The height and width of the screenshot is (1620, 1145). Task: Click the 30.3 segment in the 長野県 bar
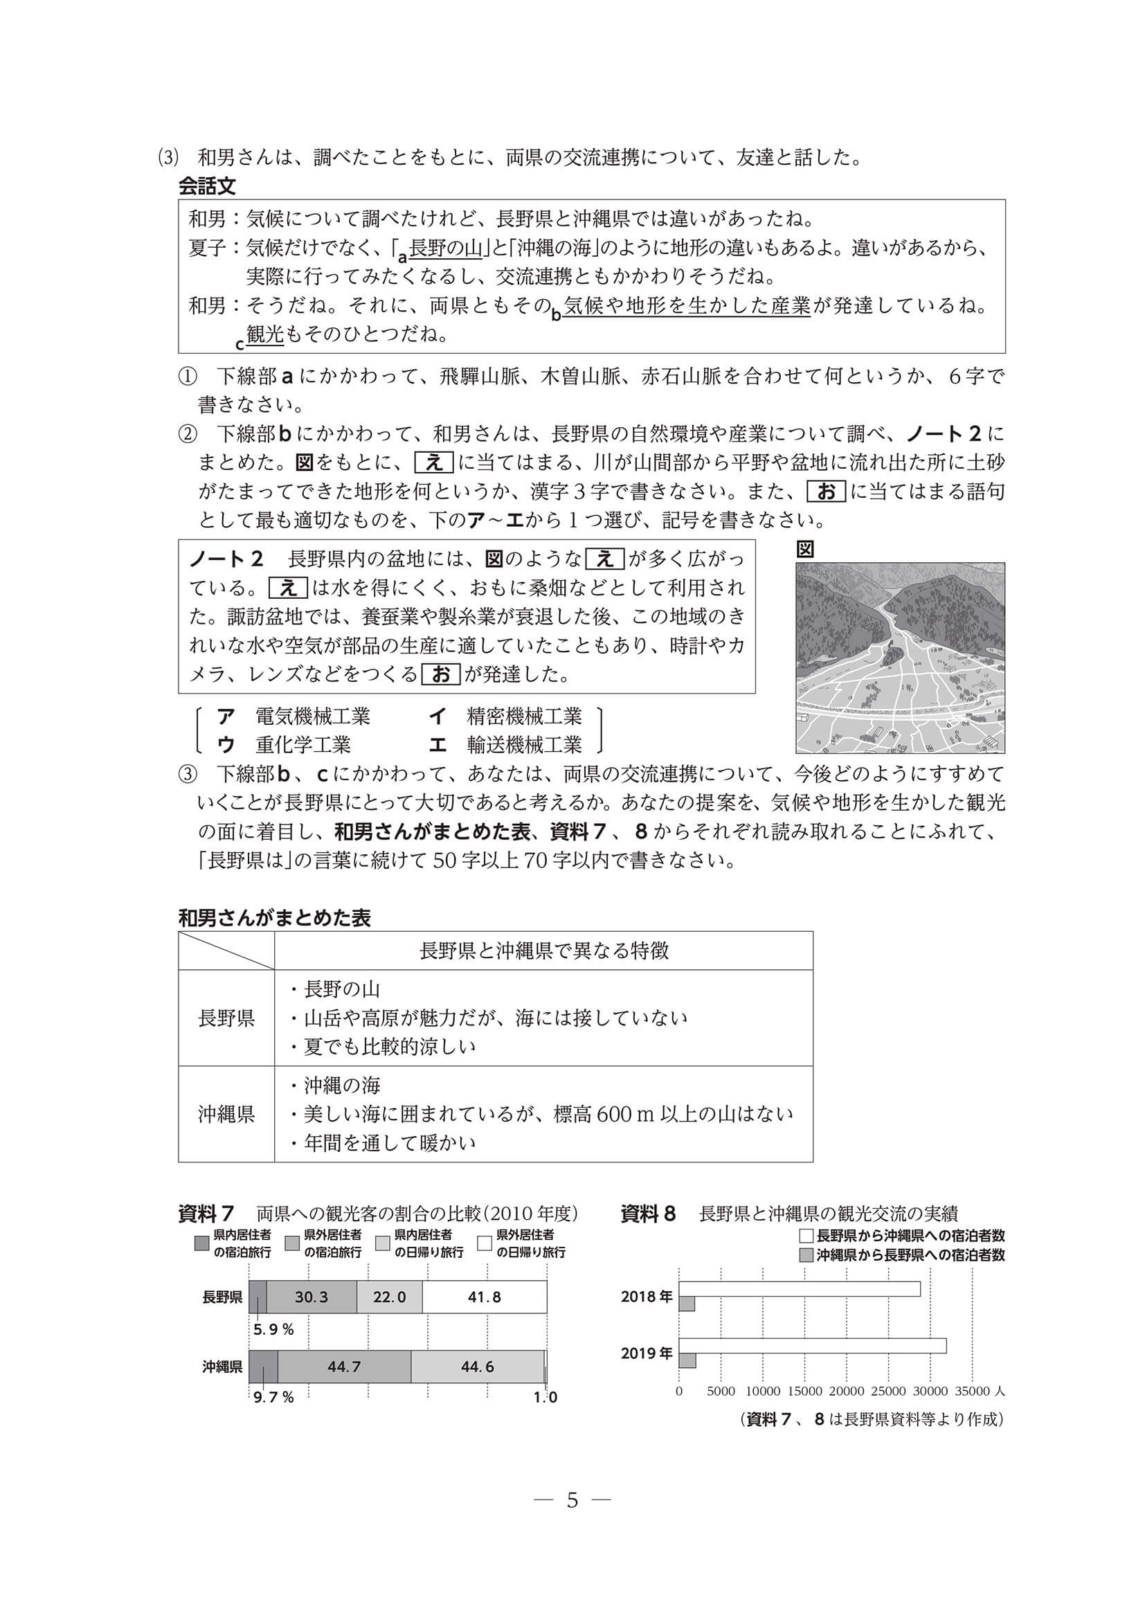pyautogui.click(x=311, y=1297)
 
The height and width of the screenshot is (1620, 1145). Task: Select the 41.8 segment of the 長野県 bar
pyautogui.click(x=484, y=1297)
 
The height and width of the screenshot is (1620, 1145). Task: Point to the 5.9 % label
pyautogui.click(x=273, y=1329)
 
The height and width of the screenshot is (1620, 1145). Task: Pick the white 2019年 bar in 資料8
pyautogui.click(x=812, y=1346)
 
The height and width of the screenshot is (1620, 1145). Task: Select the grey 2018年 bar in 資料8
pyautogui.click(x=687, y=1303)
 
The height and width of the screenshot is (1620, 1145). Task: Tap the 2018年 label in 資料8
pyautogui.click(x=646, y=1297)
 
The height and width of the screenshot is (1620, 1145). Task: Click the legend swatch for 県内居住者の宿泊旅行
pyautogui.click(x=202, y=1243)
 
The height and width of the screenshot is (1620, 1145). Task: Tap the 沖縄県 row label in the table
pyautogui.click(x=226, y=1114)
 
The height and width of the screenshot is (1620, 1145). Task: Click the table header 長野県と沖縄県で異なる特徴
pyautogui.click(x=543, y=951)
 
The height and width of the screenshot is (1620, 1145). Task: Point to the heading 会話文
pyautogui.click(x=207, y=187)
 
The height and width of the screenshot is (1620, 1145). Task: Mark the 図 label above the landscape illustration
pyautogui.click(x=805, y=549)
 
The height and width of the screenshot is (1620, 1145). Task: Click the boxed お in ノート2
pyautogui.click(x=440, y=674)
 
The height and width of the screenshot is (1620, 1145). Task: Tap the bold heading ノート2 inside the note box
pyautogui.click(x=226, y=559)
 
